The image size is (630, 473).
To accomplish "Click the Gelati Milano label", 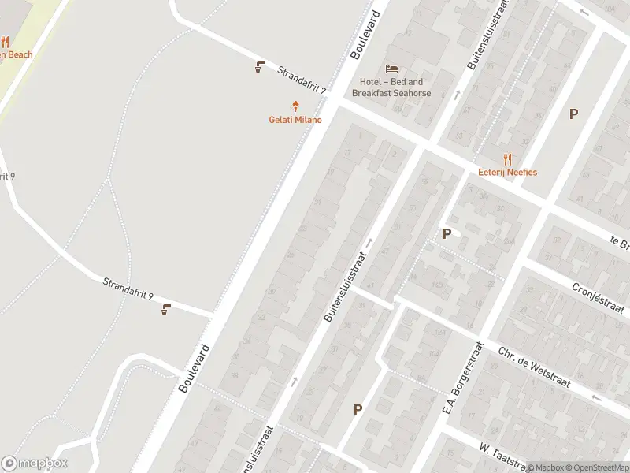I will point(296,120).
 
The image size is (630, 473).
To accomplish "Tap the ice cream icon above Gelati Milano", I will point(296,106).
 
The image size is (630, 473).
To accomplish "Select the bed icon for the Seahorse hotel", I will point(391,69).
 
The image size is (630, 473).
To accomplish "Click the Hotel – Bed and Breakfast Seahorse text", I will point(391,88).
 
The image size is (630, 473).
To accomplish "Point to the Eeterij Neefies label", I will point(507,172).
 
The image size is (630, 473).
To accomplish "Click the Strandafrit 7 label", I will point(301,80).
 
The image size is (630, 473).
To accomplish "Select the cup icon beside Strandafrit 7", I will point(259,67).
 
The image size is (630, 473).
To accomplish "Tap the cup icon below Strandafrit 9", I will point(165,309).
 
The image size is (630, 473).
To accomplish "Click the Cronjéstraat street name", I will point(598,299).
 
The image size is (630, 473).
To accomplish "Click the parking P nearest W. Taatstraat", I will point(358,409).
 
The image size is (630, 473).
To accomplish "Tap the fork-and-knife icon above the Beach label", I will point(5,42).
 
